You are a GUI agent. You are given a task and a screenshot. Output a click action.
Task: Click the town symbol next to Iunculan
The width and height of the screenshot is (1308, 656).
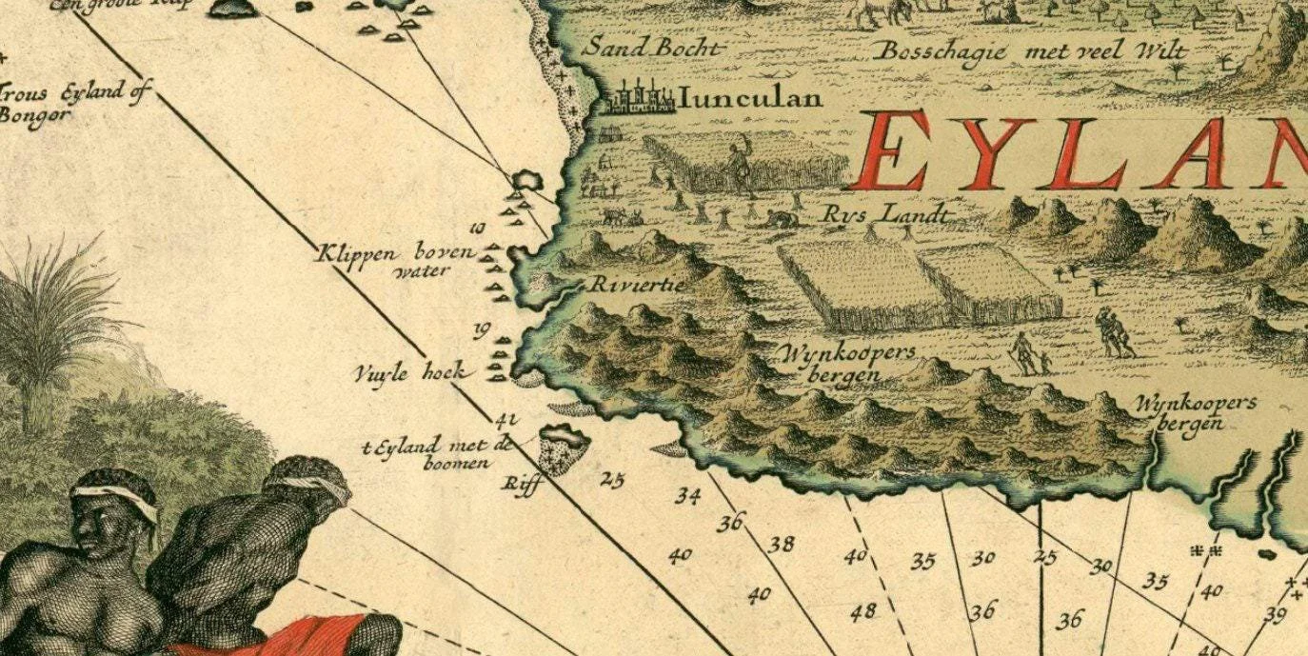tap(638, 97)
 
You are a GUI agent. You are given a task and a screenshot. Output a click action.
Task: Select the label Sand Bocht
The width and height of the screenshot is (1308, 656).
tap(653, 47)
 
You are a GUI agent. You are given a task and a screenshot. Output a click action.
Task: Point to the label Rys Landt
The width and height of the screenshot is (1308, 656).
tap(887, 214)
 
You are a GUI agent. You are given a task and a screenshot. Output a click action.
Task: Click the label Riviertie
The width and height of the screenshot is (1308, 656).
tap(624, 284)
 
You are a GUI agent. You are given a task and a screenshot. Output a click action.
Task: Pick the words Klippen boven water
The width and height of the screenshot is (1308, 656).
tap(396, 260)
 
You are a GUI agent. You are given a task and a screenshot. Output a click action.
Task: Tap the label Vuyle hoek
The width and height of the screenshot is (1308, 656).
tap(410, 372)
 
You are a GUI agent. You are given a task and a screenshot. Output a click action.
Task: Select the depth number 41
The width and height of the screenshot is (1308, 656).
tap(505, 419)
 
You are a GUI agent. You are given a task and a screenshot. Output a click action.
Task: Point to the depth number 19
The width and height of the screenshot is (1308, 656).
tap(482, 330)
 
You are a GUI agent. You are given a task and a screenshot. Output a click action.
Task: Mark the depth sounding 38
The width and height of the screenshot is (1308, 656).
tap(782, 544)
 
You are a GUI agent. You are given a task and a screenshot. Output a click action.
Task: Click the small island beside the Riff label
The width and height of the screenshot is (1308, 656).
tap(565, 447)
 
